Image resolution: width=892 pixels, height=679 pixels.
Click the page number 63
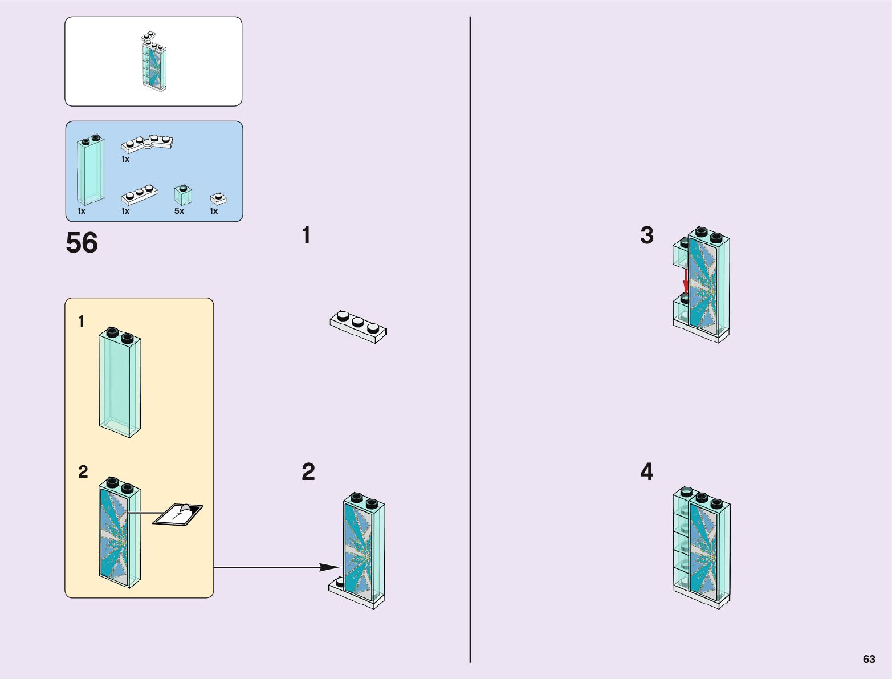tap(869, 659)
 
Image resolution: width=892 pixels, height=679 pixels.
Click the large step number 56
tap(82, 243)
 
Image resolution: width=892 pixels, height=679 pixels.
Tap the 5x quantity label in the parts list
tap(179, 211)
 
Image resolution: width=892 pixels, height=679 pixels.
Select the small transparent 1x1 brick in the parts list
tap(183, 194)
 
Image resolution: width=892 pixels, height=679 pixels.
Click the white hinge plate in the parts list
tap(147, 144)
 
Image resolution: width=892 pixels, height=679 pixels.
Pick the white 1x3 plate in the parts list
tap(140, 194)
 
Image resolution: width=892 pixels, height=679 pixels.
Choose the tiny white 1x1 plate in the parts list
tap(219, 199)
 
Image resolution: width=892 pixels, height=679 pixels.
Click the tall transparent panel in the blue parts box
tap(91, 170)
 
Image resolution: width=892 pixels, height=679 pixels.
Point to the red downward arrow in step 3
tap(686, 280)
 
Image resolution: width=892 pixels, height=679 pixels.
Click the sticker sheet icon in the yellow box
tap(178, 515)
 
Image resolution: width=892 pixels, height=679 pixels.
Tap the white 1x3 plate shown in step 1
tap(358, 327)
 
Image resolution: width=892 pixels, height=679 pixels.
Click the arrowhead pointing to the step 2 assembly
tap(329, 567)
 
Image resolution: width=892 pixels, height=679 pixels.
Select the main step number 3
tap(647, 235)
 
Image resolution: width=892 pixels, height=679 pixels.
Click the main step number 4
tap(647, 471)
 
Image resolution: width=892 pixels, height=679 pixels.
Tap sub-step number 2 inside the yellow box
tap(83, 471)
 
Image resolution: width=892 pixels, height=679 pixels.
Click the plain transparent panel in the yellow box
tap(120, 382)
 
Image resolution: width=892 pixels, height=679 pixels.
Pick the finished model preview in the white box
tap(154, 61)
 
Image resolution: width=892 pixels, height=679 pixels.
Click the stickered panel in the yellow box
tap(120, 532)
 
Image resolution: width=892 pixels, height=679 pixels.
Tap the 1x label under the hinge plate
tap(125, 159)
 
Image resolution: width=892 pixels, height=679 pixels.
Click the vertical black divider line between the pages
tap(470, 339)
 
